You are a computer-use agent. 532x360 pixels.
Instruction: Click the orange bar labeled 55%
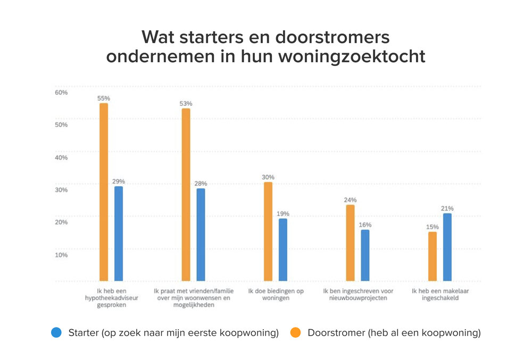104,191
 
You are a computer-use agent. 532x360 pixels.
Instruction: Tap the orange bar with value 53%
186,194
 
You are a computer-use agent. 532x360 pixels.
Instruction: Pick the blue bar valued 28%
201,234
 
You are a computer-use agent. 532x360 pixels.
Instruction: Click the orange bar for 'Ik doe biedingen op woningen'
268,231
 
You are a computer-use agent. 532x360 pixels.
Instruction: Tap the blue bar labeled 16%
365,255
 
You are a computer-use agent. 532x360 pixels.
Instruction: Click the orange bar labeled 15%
433,256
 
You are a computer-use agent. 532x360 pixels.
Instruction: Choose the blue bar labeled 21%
447,247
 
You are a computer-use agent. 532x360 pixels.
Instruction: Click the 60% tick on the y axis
61,93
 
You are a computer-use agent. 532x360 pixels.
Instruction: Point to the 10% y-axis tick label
61,255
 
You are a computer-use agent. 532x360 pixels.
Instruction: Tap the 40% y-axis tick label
61,157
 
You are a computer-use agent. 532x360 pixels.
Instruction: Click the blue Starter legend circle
57,333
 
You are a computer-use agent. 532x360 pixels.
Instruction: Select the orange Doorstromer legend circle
296,333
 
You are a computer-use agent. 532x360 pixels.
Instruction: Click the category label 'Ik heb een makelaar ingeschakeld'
439,295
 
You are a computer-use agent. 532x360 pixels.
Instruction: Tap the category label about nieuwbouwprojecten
358,295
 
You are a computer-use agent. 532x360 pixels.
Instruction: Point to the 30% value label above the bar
268,177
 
